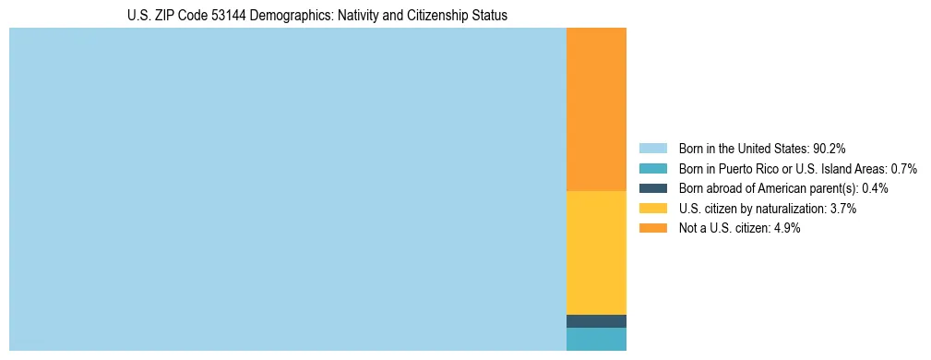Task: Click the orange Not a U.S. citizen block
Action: [596, 109]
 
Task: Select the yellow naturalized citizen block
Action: [596, 252]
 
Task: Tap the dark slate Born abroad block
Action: [596, 321]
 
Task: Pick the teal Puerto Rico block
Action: [596, 339]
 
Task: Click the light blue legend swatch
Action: [652, 148]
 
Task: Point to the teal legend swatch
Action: [652, 168]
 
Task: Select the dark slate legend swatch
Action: [652, 188]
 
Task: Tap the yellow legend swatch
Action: [652, 209]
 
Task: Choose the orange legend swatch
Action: [652, 229]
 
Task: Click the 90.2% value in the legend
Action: [830, 148]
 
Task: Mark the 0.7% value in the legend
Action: [903, 168]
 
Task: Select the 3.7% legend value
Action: [842, 209]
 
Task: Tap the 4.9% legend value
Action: [787, 229]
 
